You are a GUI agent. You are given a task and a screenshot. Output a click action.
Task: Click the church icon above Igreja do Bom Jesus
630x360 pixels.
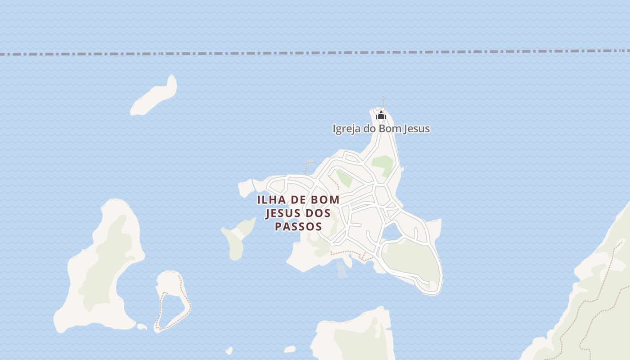click(381, 116)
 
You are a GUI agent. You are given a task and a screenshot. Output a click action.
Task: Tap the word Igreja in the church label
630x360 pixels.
click(346, 129)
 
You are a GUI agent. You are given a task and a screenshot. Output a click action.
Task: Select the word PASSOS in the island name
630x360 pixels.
click(298, 226)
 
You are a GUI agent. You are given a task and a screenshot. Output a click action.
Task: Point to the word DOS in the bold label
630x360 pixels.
click(318, 212)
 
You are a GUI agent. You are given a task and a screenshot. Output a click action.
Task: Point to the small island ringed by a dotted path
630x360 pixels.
click(171, 299)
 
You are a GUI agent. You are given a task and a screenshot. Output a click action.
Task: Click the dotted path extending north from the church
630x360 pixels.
click(383, 102)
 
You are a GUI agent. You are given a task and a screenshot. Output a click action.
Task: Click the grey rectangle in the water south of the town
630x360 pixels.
click(342, 270)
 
